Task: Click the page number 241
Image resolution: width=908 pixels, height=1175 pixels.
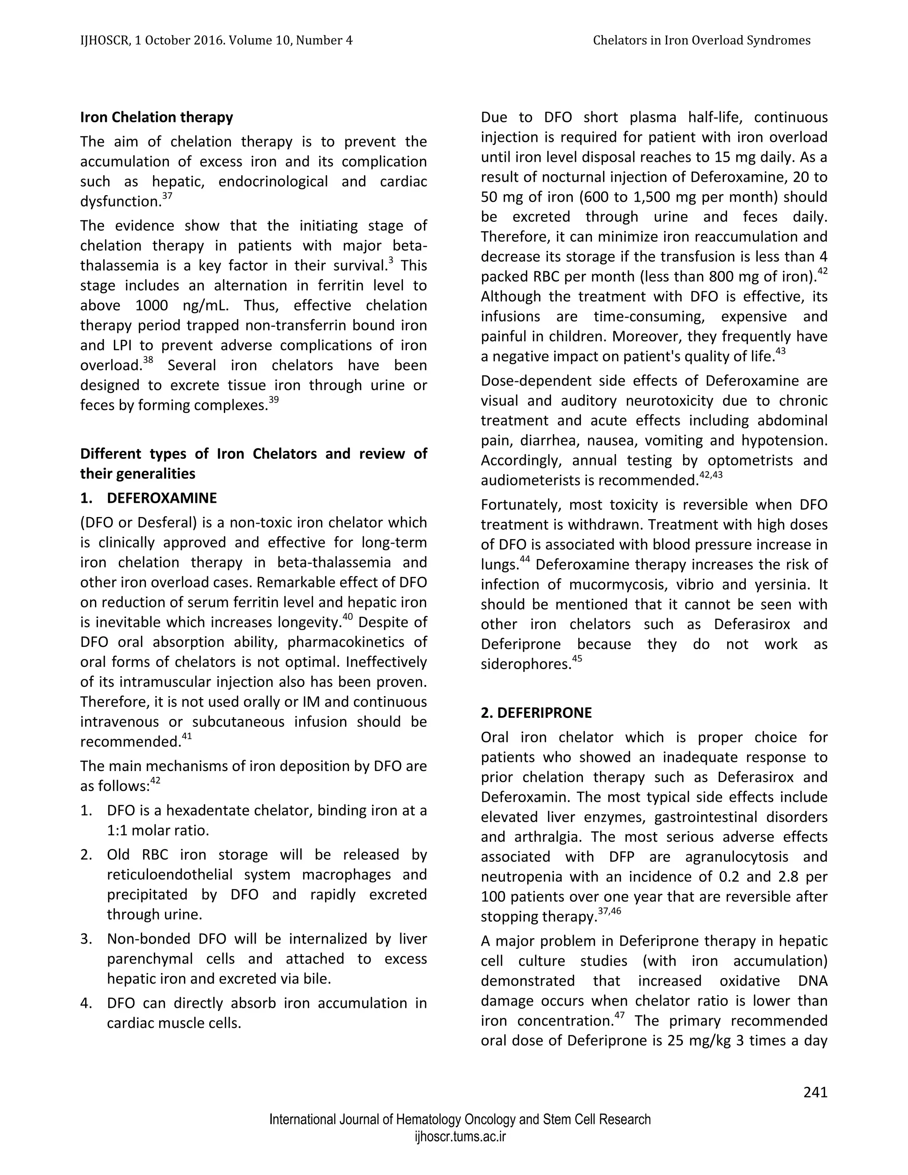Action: click(x=815, y=1092)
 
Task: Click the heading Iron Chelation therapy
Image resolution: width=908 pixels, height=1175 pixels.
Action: click(x=157, y=117)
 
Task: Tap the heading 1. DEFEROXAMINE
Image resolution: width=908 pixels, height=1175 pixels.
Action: click(x=149, y=498)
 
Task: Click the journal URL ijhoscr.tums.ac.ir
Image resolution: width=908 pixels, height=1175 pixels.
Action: click(x=460, y=1137)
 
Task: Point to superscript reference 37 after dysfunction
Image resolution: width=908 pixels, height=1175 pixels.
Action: click(x=167, y=196)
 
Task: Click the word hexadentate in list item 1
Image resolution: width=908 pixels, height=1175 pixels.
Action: click(x=237, y=810)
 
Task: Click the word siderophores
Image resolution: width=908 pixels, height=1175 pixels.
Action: click(x=525, y=665)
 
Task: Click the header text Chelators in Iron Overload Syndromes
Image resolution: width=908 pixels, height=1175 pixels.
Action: click(x=701, y=40)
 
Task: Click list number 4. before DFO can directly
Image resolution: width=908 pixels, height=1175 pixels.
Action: click(x=86, y=1003)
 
